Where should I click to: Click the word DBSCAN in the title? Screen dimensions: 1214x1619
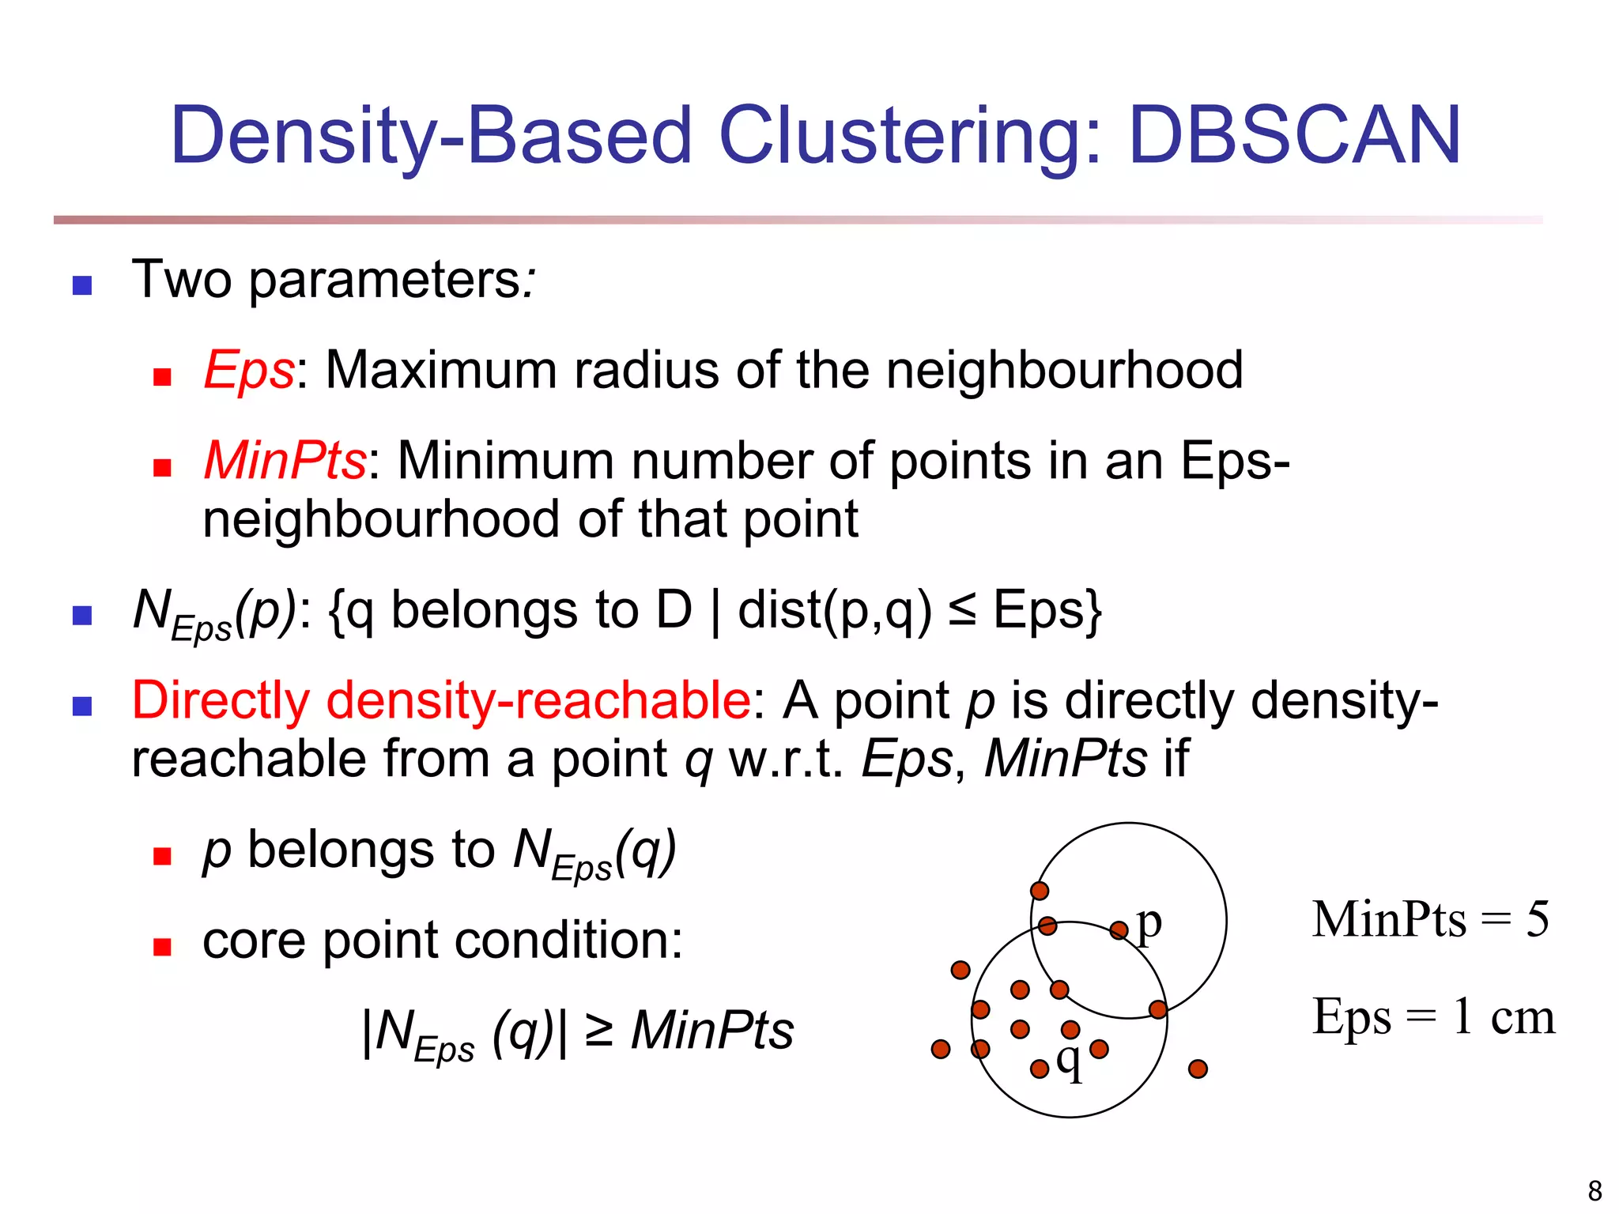coord(1294,136)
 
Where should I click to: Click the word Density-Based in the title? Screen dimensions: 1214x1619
coord(431,136)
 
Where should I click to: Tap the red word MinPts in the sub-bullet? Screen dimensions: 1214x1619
coord(285,460)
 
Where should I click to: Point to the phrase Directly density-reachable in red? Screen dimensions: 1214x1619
coord(441,700)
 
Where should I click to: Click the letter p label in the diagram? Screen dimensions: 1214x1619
coord(1149,923)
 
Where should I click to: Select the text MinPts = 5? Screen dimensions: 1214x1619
coord(1430,919)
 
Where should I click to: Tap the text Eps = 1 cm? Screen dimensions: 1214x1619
coord(1433,1016)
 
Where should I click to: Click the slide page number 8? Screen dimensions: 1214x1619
coord(1594,1190)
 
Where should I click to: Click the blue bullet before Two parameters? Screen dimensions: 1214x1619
coord(82,285)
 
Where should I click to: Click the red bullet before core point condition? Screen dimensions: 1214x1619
coord(162,947)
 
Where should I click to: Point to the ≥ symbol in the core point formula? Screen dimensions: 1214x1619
coord(599,1031)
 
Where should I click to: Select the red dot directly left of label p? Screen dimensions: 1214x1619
coord(1119,930)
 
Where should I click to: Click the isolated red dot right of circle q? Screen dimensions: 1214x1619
coord(1198,1069)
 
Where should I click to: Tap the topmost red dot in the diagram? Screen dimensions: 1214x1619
coord(1040,891)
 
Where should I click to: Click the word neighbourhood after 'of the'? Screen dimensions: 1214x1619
coord(1064,370)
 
